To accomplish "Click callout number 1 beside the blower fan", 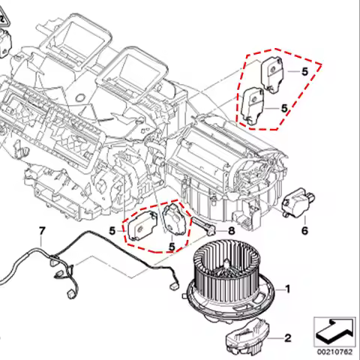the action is coord(288,289).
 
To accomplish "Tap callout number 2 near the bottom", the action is coord(288,338).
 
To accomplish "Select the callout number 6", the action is coord(304,230).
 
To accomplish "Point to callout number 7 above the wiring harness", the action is coord(42,231).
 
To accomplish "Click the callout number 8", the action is coord(232,230).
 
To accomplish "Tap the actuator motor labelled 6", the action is coord(298,201).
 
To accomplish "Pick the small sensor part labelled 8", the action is coord(203,225).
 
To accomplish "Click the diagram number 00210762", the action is coord(334,352).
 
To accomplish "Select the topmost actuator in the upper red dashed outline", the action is coord(272,74).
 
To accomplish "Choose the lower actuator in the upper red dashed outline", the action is coord(253,105).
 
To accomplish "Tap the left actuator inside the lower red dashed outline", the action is coord(142,226).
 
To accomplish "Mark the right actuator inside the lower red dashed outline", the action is coord(175,220).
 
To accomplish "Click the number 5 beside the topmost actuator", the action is coord(305,72).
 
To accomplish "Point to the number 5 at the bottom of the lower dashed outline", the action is coord(172,247).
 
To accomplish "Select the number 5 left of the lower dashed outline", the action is coord(112,231).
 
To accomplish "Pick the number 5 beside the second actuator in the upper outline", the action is coord(284,108).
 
